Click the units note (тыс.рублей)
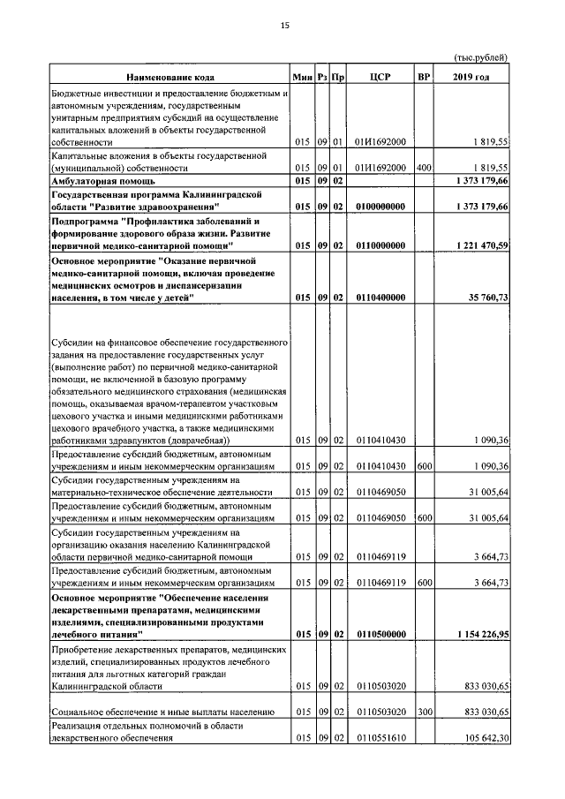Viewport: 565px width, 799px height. [480, 57]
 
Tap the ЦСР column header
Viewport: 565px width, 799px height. [380, 78]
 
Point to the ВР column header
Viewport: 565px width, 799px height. [424, 78]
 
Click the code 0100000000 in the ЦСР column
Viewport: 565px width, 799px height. [380, 207]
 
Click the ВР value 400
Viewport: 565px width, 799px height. [424, 167]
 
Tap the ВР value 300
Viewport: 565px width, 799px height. [424, 712]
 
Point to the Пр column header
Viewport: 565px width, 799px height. [337, 78]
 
